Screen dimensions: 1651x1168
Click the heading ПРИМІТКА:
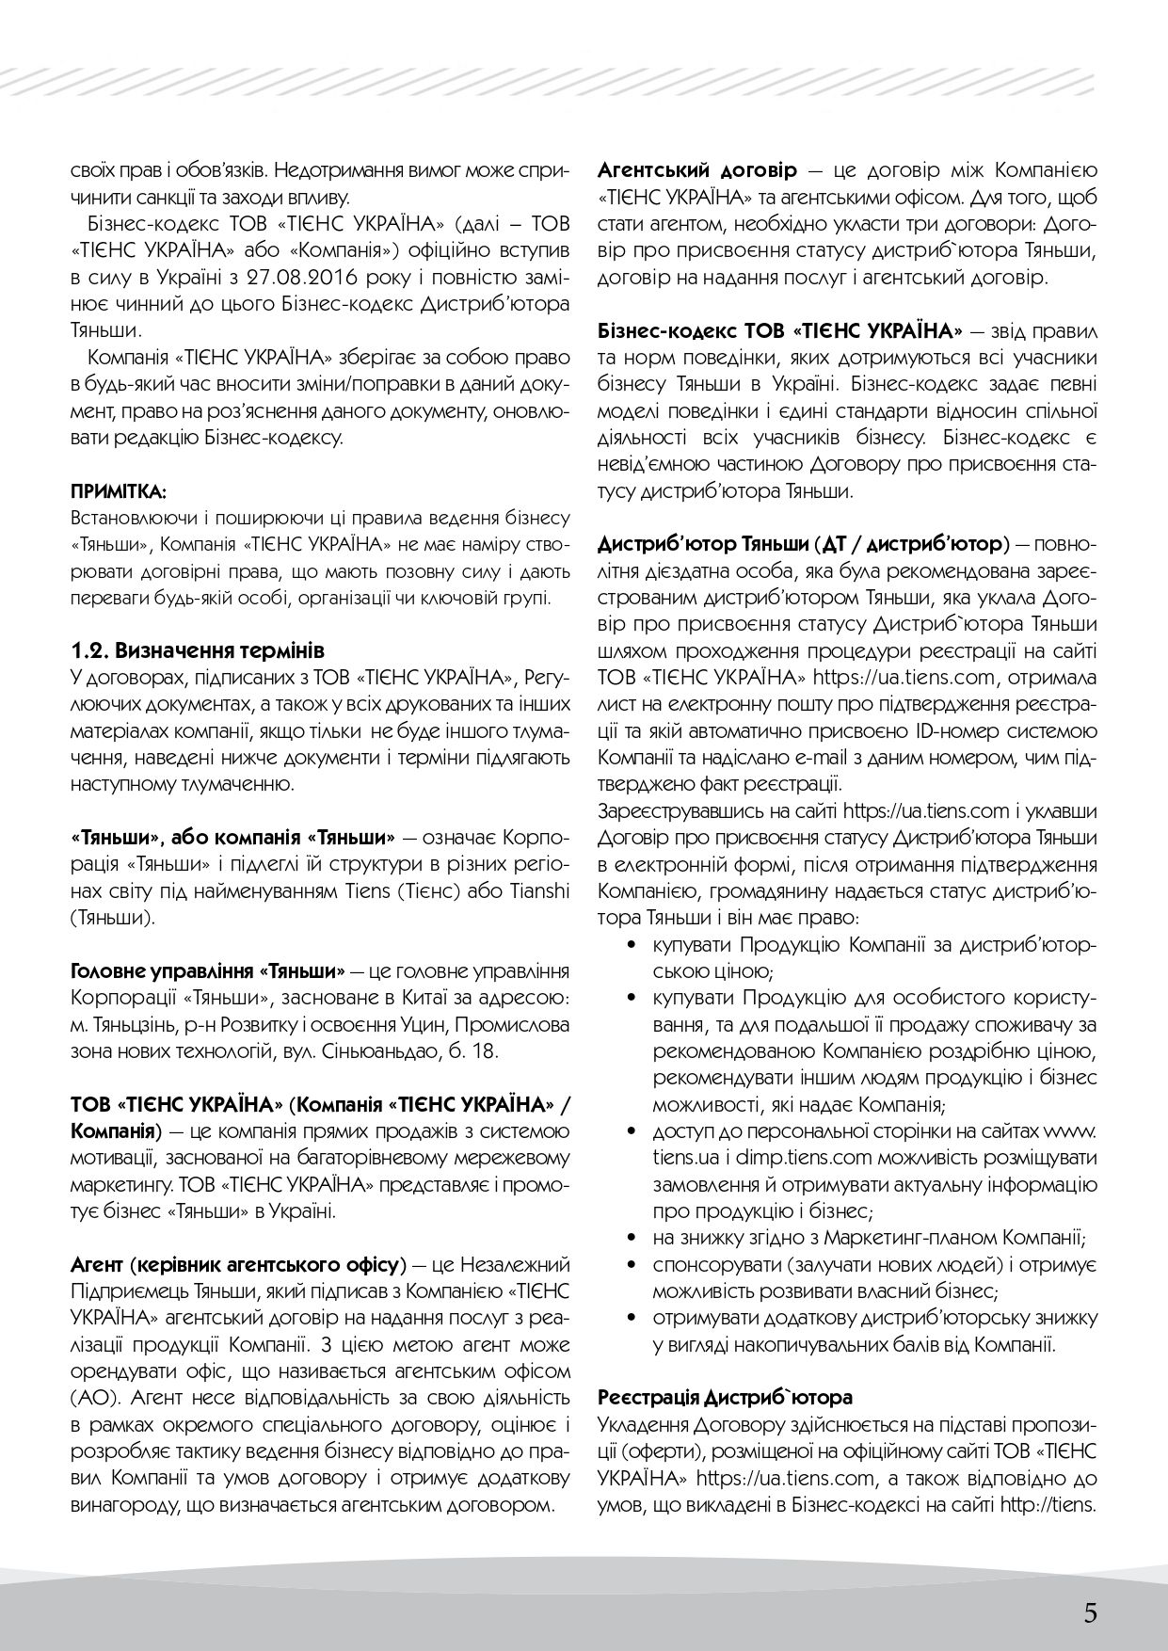[x=119, y=491]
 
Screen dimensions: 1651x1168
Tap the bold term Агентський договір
[x=696, y=171]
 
